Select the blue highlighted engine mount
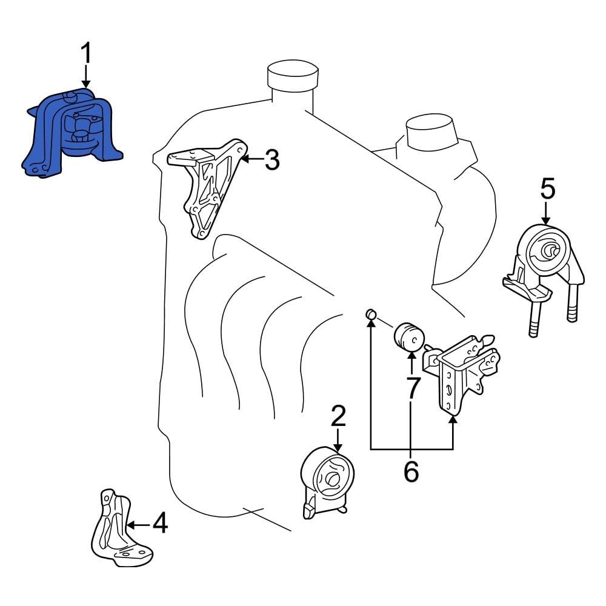tap(72, 133)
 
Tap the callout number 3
tap(272, 159)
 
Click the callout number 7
tap(412, 388)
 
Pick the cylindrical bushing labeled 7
tap(409, 336)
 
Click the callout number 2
tap(338, 416)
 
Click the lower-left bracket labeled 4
tap(121, 528)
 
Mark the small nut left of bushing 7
tap(371, 314)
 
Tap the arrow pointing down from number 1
tap(86, 76)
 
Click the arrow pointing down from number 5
tap(546, 213)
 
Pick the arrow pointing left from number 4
tap(138, 525)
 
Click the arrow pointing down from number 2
tap(338, 440)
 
